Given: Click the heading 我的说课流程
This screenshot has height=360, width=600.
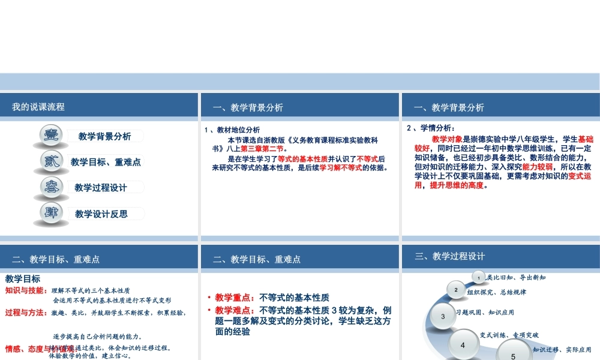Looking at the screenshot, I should [x=38, y=107].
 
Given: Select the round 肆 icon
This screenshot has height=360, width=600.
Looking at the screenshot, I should [x=49, y=213].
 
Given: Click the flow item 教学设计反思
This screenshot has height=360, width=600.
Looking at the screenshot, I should [x=101, y=214].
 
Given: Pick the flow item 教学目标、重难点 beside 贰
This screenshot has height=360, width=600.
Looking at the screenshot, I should [x=106, y=162].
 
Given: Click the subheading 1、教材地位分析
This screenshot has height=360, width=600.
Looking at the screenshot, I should [x=232, y=130].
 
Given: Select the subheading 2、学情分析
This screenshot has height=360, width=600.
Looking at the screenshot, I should [x=431, y=128].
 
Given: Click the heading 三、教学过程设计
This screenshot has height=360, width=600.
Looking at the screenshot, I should [x=449, y=256].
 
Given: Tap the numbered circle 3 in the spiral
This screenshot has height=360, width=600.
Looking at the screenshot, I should [x=443, y=316].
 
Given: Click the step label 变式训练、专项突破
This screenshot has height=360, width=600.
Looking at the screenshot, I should [x=509, y=335].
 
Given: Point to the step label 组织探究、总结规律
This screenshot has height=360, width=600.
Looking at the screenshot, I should [x=496, y=292].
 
